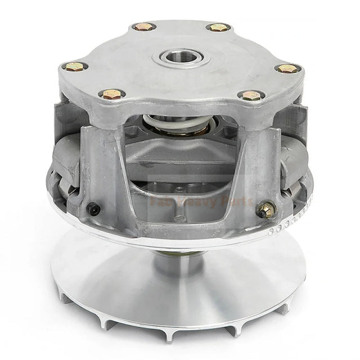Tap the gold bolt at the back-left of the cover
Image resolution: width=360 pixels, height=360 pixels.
tap(143, 26)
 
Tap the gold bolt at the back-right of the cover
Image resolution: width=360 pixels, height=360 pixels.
tap(218, 27)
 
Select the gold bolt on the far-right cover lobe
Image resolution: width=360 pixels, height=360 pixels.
tap(287, 68)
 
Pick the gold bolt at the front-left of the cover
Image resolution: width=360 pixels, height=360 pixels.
tap(111, 94)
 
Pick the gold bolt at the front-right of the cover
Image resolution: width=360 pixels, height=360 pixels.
tap(251, 96)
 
